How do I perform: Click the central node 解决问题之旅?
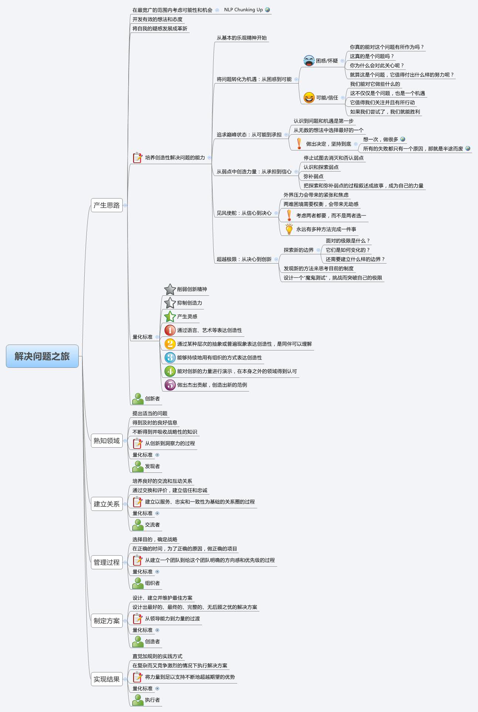click(x=42, y=356)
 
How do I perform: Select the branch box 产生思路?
click(x=106, y=205)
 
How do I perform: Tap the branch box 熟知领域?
click(x=106, y=441)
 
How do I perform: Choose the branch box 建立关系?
click(x=106, y=504)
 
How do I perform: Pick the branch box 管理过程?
click(x=106, y=562)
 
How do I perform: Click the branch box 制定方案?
click(x=106, y=621)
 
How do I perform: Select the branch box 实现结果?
click(x=106, y=679)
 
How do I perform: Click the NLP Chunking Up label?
click(x=243, y=10)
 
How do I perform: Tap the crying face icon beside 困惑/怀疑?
click(x=309, y=61)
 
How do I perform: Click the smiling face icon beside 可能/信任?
click(x=309, y=98)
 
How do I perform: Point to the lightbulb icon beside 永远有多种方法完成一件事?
click(x=289, y=229)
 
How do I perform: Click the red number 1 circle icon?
click(x=170, y=330)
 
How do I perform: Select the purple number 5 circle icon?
click(x=170, y=385)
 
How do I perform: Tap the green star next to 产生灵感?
click(x=170, y=316)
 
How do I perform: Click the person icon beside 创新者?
click(x=138, y=399)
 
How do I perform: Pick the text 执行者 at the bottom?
click(x=152, y=700)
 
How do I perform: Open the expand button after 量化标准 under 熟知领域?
click(x=157, y=455)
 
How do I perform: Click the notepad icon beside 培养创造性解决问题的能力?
click(x=138, y=157)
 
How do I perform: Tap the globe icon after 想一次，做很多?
click(x=403, y=139)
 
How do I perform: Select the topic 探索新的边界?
click(x=298, y=250)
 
